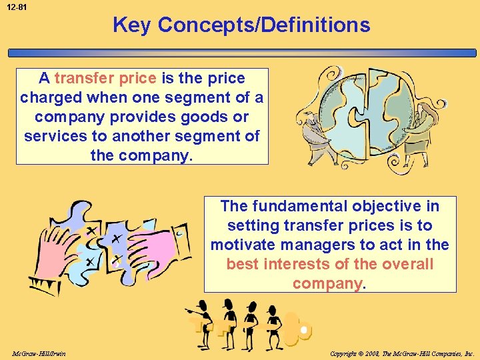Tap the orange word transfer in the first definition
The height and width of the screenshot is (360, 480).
coord(85,78)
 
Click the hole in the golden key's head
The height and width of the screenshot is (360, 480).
coord(303,330)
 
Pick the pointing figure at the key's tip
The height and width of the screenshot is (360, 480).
coord(200,323)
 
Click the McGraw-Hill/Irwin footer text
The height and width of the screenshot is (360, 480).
coord(38,353)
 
